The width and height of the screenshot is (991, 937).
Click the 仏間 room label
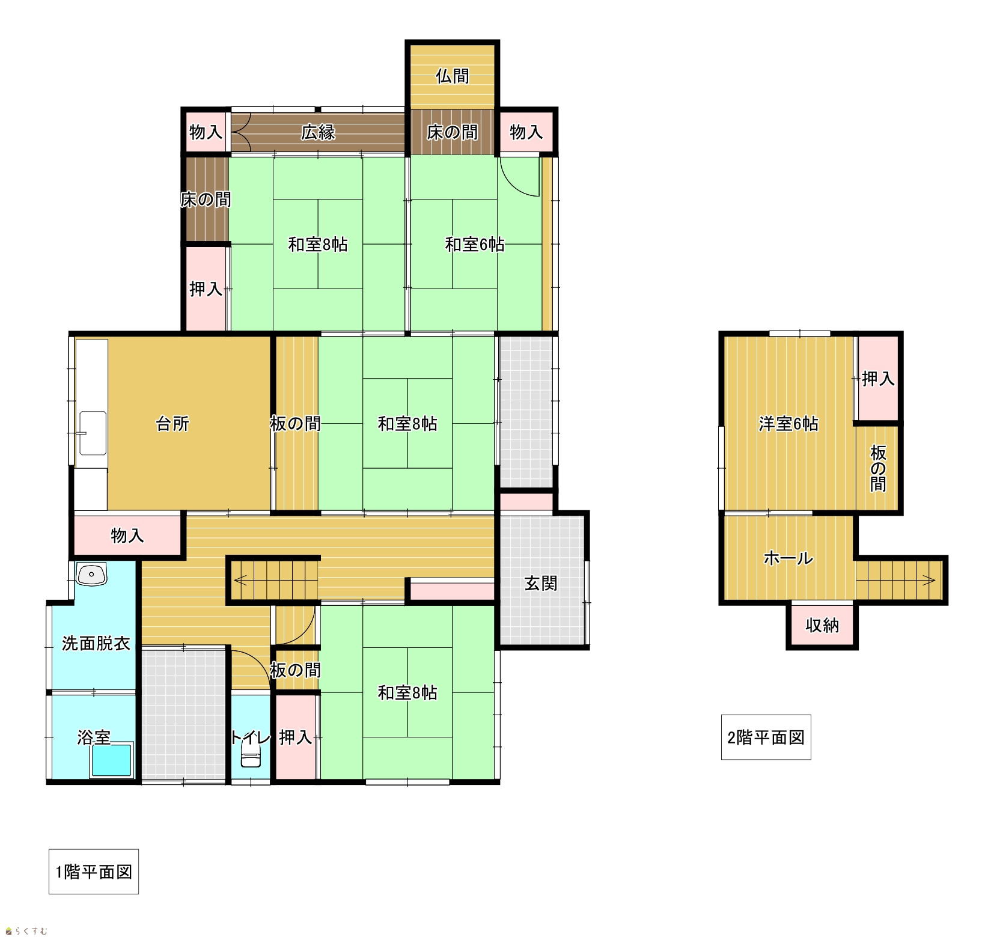click(x=453, y=76)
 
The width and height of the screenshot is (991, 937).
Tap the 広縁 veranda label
click(x=318, y=132)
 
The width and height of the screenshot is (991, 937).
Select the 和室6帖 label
click(x=475, y=245)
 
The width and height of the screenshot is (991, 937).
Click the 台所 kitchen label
click(x=173, y=424)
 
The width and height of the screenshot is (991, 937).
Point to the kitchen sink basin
click(x=93, y=433)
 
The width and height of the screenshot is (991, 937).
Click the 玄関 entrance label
click(x=541, y=583)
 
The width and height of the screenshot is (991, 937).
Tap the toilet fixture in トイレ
click(x=251, y=759)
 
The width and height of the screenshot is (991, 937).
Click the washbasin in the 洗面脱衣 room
click(x=92, y=574)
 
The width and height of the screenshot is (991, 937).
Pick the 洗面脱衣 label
click(x=96, y=644)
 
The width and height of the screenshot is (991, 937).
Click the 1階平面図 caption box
click(x=94, y=871)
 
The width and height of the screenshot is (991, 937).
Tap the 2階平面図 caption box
click(x=766, y=737)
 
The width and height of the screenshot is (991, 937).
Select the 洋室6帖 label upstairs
click(x=788, y=424)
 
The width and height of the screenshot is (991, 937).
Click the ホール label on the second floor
click(x=788, y=558)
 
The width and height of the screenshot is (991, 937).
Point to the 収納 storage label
click(x=822, y=626)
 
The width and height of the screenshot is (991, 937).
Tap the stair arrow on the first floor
click(x=274, y=581)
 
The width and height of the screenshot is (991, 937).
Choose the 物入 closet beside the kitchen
click(x=127, y=535)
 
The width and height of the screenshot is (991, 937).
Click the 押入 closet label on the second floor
click(x=878, y=379)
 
